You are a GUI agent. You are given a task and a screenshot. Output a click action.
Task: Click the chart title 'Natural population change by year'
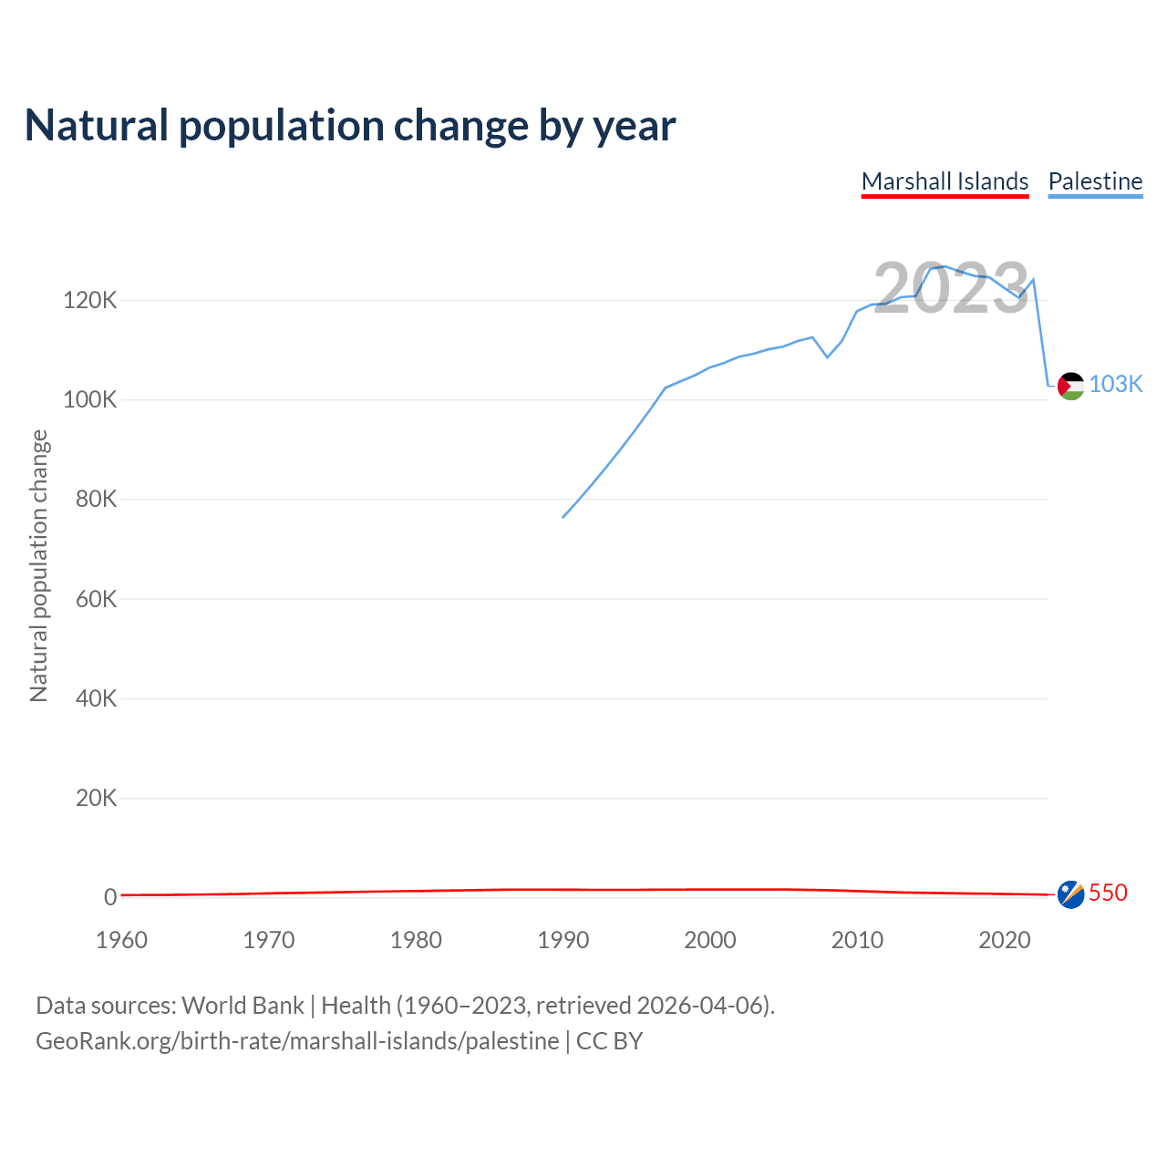pos(350,126)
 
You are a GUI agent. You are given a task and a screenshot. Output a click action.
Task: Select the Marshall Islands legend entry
pos(945,181)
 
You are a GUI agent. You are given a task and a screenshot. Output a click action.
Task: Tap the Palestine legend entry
pos(1095,181)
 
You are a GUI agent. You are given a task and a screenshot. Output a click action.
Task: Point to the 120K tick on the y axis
pos(89,300)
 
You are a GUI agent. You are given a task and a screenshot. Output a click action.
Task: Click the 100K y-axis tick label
pos(89,399)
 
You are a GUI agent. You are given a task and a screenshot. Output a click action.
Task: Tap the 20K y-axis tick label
pos(96,799)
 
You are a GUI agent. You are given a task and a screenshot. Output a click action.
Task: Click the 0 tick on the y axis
pos(110,897)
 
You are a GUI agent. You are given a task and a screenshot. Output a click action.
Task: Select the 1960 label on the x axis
pos(121,940)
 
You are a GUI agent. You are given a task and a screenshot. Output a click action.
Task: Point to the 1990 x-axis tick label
pos(563,940)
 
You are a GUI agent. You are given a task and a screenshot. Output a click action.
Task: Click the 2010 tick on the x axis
pos(857,940)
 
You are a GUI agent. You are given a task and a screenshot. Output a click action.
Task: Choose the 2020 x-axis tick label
pos(1004,940)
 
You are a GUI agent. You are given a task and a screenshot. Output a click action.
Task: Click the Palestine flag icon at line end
pos(1070,386)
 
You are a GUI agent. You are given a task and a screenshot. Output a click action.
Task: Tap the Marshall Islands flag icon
pos(1070,894)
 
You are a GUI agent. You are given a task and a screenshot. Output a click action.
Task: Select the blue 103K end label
pos(1115,384)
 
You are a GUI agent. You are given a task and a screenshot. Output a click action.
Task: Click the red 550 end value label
pos(1108,893)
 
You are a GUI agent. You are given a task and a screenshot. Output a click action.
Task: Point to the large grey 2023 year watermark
pos(951,289)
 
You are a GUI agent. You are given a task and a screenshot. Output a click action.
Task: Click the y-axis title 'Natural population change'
pos(39,565)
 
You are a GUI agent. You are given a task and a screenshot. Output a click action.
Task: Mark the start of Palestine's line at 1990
pos(563,518)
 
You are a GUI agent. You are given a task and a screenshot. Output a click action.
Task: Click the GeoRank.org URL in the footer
pos(297,1041)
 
